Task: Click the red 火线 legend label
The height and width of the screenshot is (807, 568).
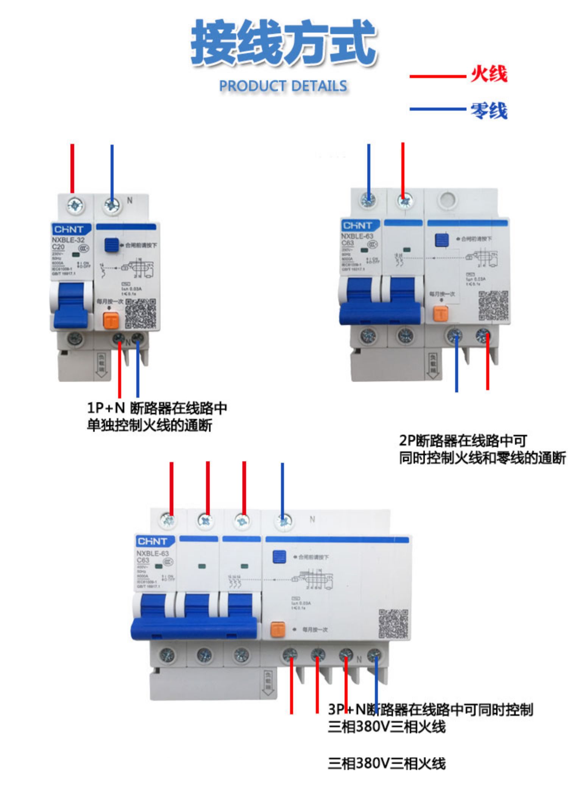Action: pos(488,74)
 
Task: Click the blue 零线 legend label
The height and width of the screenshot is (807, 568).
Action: pos(488,111)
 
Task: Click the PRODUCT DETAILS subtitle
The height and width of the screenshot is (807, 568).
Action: pos(283,86)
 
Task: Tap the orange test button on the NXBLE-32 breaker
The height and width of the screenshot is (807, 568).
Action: pos(111,321)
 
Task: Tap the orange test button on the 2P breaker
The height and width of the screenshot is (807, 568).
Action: pos(440,313)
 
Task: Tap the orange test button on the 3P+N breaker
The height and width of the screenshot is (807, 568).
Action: pos(278,629)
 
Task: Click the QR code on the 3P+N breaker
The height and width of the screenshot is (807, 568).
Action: pos(394,624)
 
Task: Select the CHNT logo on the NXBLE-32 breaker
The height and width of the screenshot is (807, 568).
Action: pos(71,229)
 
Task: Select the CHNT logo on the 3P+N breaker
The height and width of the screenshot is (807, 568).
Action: pos(154,541)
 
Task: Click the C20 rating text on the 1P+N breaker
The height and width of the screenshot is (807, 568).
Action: pos(58,247)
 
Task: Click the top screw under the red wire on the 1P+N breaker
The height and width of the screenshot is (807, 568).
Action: pos(75,205)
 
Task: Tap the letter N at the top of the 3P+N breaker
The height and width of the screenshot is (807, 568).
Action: pos(312,519)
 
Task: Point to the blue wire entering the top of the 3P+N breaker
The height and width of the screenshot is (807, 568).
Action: pos(282,489)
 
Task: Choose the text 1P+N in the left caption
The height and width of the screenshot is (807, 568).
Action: pos(106,408)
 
